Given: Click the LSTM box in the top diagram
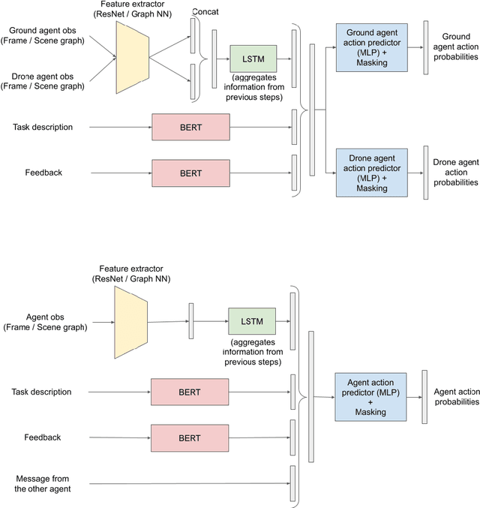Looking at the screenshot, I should pos(253,58).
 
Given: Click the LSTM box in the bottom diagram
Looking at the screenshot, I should pos(253,321).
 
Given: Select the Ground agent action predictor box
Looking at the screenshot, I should pos(367,47).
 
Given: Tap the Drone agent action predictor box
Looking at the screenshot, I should pos(367,173).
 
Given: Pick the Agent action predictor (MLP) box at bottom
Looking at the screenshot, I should pos(370,396).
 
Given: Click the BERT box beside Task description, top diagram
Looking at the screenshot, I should pos(190,127).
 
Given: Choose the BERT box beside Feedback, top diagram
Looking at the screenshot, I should pos(190,173).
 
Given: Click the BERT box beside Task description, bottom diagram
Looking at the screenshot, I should pos(190,392).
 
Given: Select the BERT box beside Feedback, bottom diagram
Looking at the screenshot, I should pos(190,437).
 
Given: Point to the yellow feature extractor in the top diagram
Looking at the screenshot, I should pos(133,57).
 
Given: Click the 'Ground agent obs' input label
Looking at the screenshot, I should pos(43,36).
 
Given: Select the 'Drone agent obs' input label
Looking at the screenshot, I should pos(43,81).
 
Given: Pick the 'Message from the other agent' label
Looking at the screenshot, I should pos(43,483).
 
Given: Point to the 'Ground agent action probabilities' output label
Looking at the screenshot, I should pos(456,47).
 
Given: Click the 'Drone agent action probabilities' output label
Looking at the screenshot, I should pos(456,172).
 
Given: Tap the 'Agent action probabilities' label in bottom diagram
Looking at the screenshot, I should pos(456,396).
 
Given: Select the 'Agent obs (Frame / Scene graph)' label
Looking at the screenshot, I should pos(45,321).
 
